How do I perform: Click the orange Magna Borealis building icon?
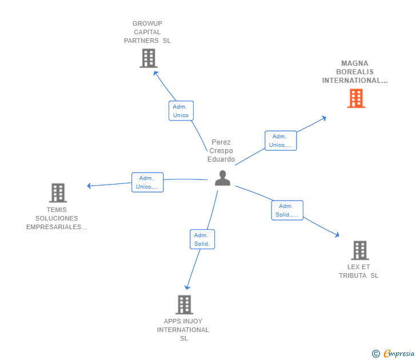(x=356, y=98)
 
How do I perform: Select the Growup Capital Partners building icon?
(x=148, y=58)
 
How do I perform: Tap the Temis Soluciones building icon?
(x=58, y=193)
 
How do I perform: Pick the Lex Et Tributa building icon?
(x=359, y=250)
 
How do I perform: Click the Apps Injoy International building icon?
(x=183, y=305)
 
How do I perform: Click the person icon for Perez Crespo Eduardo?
(x=222, y=178)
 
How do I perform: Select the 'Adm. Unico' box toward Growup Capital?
(x=181, y=111)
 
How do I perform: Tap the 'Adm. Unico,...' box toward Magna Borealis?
(x=280, y=141)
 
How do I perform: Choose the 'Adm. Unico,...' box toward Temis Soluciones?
(x=147, y=182)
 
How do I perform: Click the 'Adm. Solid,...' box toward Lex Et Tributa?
(x=287, y=210)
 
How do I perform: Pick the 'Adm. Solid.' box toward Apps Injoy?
(x=202, y=239)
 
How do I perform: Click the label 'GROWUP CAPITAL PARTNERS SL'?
(x=147, y=32)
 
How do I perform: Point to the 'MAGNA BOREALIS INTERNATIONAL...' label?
(x=355, y=72)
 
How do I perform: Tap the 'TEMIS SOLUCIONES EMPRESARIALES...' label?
(x=57, y=218)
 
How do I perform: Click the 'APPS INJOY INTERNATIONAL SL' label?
(x=183, y=330)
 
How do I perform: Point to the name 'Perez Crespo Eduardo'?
(x=221, y=151)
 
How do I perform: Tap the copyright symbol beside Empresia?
(x=375, y=354)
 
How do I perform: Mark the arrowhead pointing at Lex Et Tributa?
(x=337, y=234)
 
